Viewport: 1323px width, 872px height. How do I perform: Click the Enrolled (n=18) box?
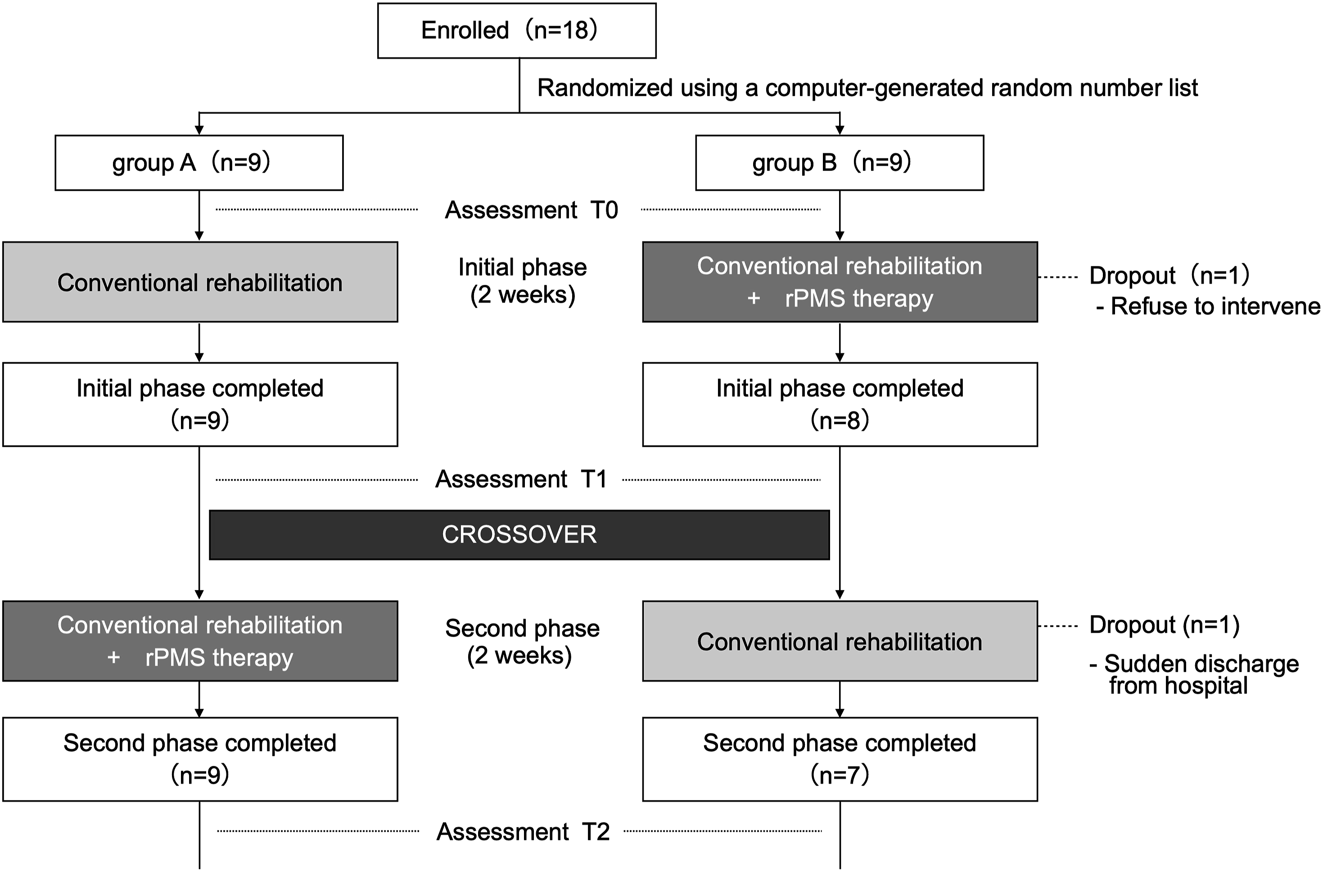(517, 31)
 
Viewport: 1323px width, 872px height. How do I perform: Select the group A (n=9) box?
(199, 162)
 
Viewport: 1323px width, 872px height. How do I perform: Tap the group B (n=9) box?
(840, 162)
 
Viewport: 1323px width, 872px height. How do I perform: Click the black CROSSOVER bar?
(519, 535)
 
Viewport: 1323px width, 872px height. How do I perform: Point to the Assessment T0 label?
(531, 210)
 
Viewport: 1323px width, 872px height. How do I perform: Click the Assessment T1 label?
(521, 479)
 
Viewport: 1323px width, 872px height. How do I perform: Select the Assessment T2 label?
(523, 832)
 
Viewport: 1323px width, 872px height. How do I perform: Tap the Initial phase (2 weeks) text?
(523, 281)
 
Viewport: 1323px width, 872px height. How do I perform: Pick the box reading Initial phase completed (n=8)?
(840, 405)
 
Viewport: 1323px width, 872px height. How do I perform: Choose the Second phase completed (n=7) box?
(840, 759)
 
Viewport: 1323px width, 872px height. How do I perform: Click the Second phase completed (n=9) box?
(200, 759)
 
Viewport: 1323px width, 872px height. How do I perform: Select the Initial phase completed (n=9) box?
(200, 405)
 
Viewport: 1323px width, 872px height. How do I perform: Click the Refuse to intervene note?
(1208, 306)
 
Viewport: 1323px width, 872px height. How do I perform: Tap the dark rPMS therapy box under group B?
(840, 282)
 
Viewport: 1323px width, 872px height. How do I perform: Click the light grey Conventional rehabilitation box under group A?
(200, 282)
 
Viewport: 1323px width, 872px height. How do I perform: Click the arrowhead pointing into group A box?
(199, 130)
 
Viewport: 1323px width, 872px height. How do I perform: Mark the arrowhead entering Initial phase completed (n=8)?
(840, 358)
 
